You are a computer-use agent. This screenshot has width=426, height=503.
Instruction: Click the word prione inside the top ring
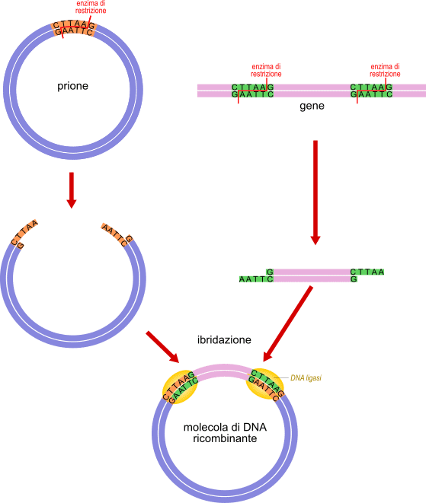tap(72, 86)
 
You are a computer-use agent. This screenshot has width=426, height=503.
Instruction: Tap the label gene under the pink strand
tap(312, 106)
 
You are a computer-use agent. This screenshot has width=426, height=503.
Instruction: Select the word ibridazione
tap(224, 339)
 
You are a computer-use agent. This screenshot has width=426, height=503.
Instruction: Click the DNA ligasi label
tap(306, 378)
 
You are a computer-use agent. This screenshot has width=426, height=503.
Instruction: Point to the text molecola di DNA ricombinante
tap(225, 433)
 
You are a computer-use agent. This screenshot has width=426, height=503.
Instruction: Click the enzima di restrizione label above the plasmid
tap(91, 7)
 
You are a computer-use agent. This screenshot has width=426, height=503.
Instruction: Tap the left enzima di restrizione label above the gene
tap(266, 70)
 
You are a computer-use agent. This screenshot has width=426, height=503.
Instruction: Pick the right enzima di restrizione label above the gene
tap(385, 70)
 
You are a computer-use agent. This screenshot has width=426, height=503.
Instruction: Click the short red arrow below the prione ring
tap(72, 190)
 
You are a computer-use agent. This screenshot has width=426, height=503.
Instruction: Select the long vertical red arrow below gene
tap(315, 193)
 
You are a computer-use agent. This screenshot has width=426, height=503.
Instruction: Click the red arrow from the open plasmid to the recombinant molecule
tap(162, 347)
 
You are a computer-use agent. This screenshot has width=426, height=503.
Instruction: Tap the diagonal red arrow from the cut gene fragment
tap(288, 323)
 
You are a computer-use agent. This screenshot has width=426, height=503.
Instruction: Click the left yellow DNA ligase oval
tap(180, 387)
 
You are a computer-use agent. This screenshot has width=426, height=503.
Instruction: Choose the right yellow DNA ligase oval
tap(265, 384)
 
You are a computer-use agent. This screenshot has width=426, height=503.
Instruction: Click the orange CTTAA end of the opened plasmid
tap(24, 232)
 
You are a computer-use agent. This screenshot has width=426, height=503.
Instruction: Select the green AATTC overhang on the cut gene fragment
tap(256, 279)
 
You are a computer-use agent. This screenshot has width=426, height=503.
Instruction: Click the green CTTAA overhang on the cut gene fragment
tap(367, 272)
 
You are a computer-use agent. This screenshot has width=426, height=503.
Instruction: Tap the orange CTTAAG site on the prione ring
tap(73, 29)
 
